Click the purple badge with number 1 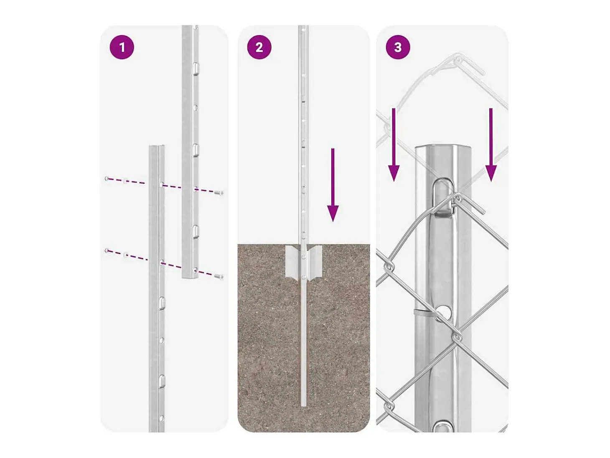pyautogui.click(x=122, y=47)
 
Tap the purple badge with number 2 pyautogui.click(x=259, y=47)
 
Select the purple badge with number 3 pyautogui.click(x=398, y=47)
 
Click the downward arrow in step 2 pyautogui.click(x=333, y=185)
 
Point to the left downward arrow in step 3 pyautogui.click(x=394, y=145)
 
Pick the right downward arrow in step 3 pyautogui.click(x=491, y=145)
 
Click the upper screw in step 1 pyautogui.click(x=219, y=192)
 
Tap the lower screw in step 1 pyautogui.click(x=219, y=276)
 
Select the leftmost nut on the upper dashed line pyautogui.click(x=107, y=178)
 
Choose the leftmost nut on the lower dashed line pyautogui.click(x=107, y=251)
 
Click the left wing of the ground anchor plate pyautogui.click(x=292, y=261)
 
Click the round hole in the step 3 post pyautogui.click(x=443, y=312)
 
